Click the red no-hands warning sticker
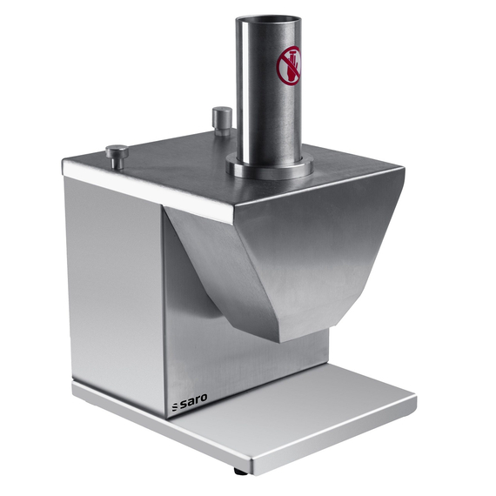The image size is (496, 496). [x=289, y=65]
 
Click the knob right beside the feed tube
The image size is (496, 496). [x=222, y=121]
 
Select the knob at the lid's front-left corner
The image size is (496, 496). [x=117, y=156]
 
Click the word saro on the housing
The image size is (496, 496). [x=193, y=401]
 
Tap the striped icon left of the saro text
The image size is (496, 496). [x=175, y=407]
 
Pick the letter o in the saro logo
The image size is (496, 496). [x=204, y=398]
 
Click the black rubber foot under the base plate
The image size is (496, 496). [x=241, y=471]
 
